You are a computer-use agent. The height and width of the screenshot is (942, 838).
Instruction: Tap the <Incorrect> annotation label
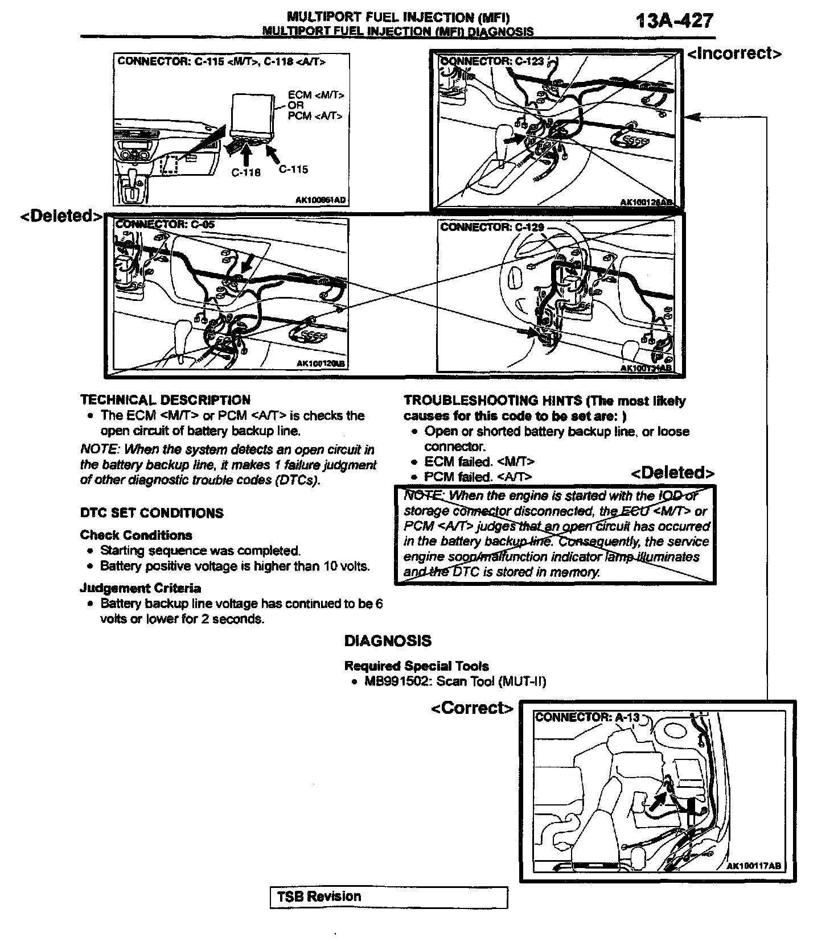(x=734, y=53)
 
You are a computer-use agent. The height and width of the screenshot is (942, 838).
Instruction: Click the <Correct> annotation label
(x=472, y=708)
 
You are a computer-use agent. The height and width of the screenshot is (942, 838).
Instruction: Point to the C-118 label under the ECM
(x=246, y=172)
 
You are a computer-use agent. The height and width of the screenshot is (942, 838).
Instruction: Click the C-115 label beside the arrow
(x=293, y=169)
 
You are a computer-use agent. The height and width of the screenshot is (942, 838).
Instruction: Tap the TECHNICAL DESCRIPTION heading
(x=165, y=400)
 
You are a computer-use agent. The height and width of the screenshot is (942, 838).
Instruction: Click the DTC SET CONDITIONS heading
(x=151, y=513)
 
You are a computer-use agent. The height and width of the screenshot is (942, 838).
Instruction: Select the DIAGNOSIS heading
(x=388, y=641)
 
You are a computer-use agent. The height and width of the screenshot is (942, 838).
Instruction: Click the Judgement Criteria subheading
(x=140, y=588)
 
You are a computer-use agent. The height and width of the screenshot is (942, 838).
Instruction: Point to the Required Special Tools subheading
(x=416, y=666)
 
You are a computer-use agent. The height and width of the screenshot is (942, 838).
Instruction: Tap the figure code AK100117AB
(x=754, y=866)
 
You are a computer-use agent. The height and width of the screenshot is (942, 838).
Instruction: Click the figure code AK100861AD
(x=321, y=200)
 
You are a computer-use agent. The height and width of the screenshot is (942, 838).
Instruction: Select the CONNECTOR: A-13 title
(x=587, y=717)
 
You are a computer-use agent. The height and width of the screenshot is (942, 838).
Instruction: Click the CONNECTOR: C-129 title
(x=492, y=228)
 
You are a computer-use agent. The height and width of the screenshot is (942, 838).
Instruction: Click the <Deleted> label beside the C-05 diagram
(x=61, y=216)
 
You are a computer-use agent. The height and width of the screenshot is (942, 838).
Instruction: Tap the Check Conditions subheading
(x=136, y=535)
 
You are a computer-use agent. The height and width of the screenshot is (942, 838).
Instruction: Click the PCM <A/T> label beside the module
(x=315, y=116)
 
